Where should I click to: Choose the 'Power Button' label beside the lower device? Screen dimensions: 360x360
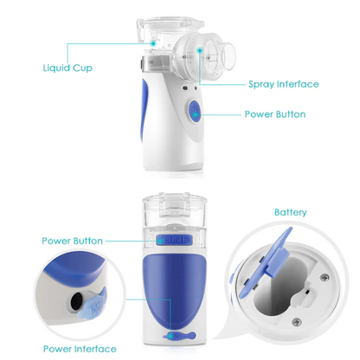(x=73, y=241)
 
